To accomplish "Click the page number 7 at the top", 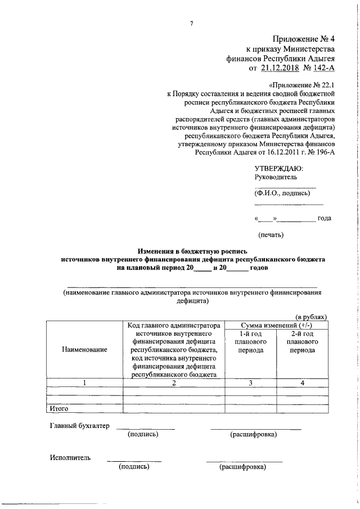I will [192, 23].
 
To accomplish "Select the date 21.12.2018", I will [281, 68].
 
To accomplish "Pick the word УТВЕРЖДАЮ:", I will [279, 168].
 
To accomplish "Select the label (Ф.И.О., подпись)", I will [282, 193].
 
